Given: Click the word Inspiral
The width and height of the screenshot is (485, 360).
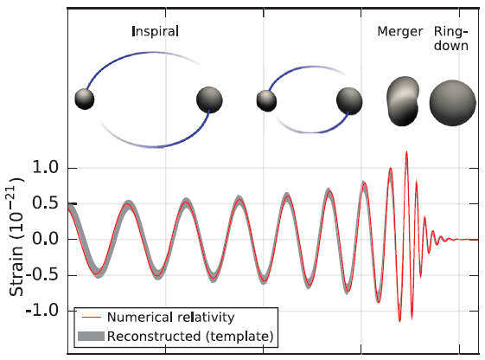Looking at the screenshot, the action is pyautogui.click(x=156, y=32).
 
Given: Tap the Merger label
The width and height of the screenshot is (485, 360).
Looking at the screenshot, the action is pyautogui.click(x=400, y=32).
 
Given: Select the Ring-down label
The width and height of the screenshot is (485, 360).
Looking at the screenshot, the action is pyautogui.click(x=451, y=38).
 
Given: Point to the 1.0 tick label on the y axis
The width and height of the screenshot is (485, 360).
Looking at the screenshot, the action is pyautogui.click(x=45, y=168).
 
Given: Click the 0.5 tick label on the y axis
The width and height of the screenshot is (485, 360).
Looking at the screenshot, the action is pyautogui.click(x=45, y=203).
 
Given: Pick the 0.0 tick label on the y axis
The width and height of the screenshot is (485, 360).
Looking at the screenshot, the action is pyautogui.click(x=45, y=239).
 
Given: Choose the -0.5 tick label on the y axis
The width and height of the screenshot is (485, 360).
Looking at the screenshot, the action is pyautogui.click(x=42, y=274).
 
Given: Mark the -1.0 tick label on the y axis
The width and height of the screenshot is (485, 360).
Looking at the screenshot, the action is pyautogui.click(x=42, y=310).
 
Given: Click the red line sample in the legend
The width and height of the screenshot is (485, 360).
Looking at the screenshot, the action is pyautogui.click(x=92, y=318).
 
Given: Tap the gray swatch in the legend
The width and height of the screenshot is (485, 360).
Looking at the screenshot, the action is pyautogui.click(x=92, y=336).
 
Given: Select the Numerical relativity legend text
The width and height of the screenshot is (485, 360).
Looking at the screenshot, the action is pyautogui.click(x=170, y=318).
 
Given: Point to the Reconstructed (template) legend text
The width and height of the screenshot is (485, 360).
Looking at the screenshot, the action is pyautogui.click(x=190, y=336).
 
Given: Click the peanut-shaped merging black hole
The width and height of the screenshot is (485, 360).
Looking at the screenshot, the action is pyautogui.click(x=403, y=101).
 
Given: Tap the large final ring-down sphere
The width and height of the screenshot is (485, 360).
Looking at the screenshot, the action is pyautogui.click(x=452, y=103).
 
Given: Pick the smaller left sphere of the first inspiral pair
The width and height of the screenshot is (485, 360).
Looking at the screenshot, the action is pyautogui.click(x=85, y=99).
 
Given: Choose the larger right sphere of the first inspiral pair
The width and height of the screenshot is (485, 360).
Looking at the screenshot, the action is pyautogui.click(x=209, y=100).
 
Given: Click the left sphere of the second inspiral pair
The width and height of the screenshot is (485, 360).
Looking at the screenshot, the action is pyautogui.click(x=266, y=101).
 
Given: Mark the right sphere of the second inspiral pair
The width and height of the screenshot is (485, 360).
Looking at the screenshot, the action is pyautogui.click(x=349, y=101).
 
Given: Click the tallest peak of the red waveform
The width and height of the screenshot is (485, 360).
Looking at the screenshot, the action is pyautogui.click(x=406, y=151).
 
